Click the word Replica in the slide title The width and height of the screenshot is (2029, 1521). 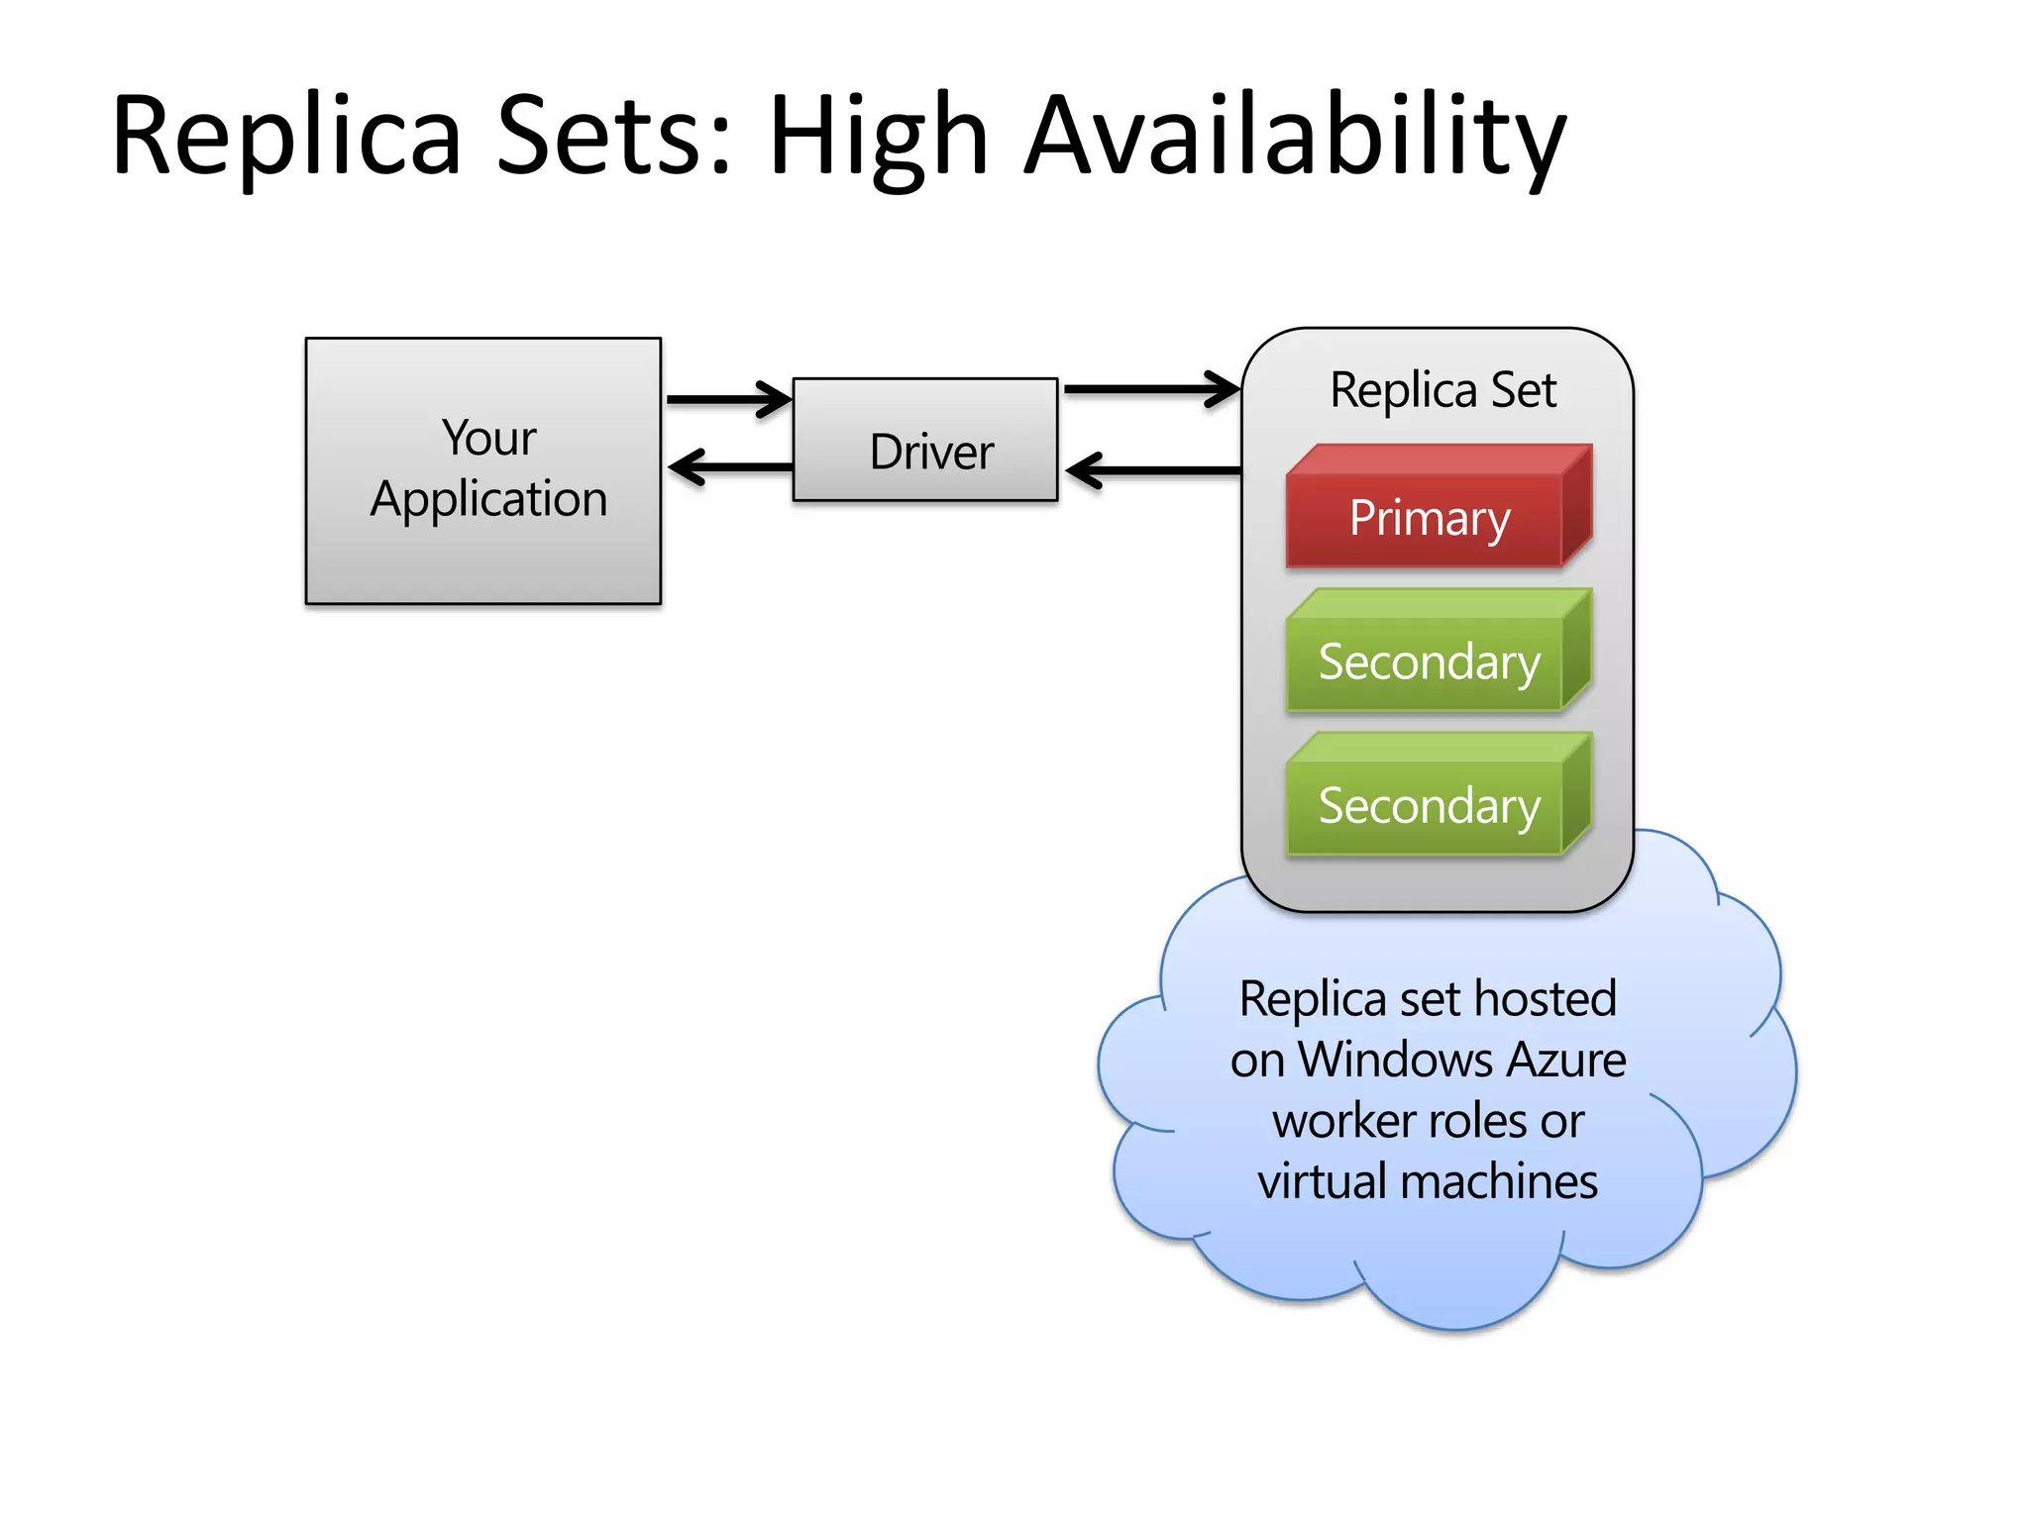(287, 137)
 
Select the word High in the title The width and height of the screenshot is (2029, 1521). (878, 137)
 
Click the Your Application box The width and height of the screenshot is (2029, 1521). (483, 555)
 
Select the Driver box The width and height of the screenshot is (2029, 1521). (925, 441)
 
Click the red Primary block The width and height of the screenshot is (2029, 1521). (1429, 519)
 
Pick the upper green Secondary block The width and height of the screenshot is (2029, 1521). (1429, 662)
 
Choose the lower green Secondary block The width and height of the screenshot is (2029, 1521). (1429, 806)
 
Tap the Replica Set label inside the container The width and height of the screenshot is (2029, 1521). (1442, 390)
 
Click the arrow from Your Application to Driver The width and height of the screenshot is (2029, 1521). (728, 399)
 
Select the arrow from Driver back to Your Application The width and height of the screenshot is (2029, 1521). (730, 466)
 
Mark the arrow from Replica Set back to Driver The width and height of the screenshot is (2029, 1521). (1153, 470)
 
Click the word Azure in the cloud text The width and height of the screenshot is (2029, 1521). (1565, 1061)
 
